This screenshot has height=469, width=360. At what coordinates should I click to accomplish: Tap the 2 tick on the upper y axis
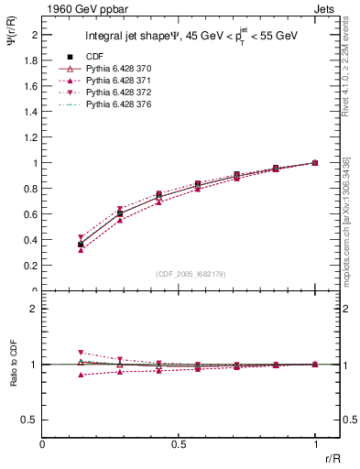coord(35,35)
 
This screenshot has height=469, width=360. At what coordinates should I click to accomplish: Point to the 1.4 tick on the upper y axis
coord(31,112)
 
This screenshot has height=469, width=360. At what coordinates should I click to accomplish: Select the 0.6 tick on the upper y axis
coord(31,214)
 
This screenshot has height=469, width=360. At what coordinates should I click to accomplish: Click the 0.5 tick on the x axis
coord(179,444)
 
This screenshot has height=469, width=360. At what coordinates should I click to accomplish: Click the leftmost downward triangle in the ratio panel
coord(81,353)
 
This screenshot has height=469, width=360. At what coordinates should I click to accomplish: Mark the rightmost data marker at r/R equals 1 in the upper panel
coord(315,163)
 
